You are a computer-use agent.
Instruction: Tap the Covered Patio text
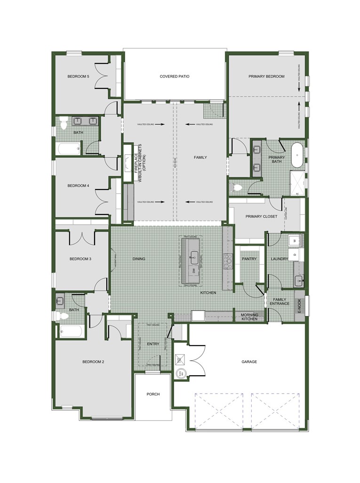pos(174,76)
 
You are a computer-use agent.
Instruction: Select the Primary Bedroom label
pos(266,76)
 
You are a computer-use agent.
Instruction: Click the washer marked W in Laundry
pos(295,240)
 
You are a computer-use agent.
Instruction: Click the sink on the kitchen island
pos(193,256)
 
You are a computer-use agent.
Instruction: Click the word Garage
pos(249,362)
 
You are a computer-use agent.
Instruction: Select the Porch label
pos(153,394)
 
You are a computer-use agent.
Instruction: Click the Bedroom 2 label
pos(93,362)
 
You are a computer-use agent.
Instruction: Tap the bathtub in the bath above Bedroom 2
pos(72,331)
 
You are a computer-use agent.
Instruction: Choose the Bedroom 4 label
pos(78,186)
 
